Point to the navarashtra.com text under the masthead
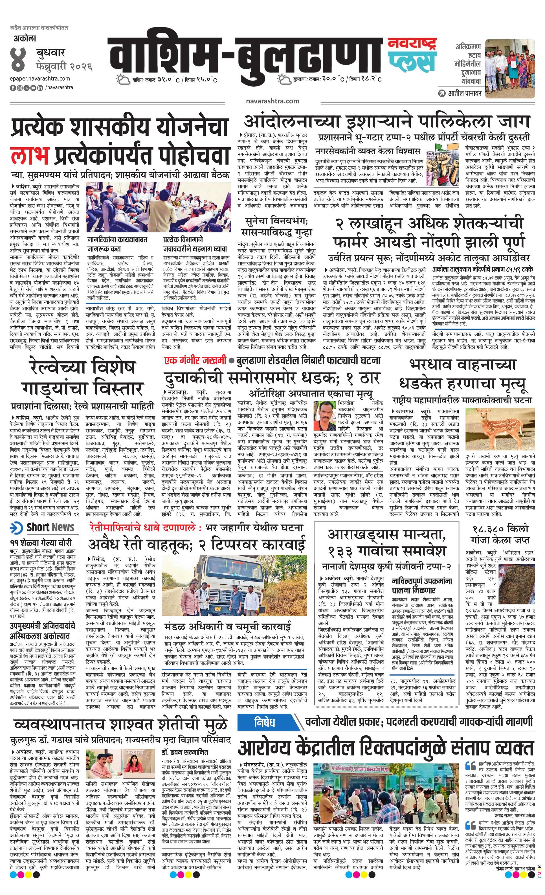click(x=272, y=101)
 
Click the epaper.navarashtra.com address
click(x=40, y=78)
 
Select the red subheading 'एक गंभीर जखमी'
click(x=194, y=361)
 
